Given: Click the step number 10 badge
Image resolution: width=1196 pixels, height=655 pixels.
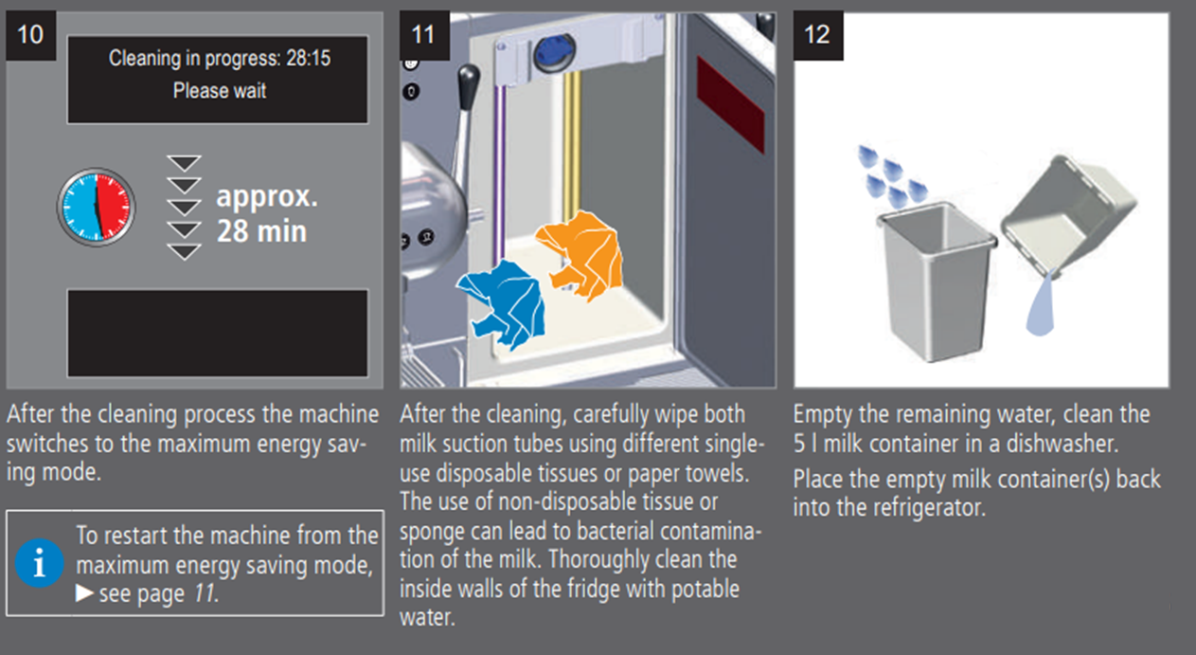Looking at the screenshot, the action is pos(30,35).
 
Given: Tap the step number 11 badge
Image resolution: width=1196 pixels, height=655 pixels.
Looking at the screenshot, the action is pos(424,35).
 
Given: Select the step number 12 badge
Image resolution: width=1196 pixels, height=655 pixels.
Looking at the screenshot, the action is pos(818,35).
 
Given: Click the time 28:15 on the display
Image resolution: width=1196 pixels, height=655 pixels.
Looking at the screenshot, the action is pos(308,58).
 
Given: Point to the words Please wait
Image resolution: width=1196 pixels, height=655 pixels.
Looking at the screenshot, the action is pos(220,90).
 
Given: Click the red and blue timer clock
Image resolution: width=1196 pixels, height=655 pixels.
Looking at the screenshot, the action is pos(96,208).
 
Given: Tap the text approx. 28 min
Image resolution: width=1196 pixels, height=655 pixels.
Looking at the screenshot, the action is pos(266,213).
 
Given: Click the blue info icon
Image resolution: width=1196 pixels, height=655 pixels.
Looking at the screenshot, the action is pos(39,563).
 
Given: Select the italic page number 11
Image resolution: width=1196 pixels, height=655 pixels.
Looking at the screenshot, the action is pos(205,593).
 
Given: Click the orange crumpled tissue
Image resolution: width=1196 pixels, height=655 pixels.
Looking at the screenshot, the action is pos(582,254).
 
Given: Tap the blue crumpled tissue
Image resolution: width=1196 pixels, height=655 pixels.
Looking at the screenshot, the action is pos(504,303).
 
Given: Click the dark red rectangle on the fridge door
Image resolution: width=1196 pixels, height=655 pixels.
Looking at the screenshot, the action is pos(730,104).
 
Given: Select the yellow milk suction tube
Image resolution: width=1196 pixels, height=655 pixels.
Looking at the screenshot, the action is pos(572,144).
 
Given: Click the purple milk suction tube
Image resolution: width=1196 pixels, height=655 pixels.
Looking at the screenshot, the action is pos(499,171).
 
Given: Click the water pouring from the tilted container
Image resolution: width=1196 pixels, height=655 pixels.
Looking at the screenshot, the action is pos(1042,303).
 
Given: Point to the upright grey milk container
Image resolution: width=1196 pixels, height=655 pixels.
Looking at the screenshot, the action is pos(937,281).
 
